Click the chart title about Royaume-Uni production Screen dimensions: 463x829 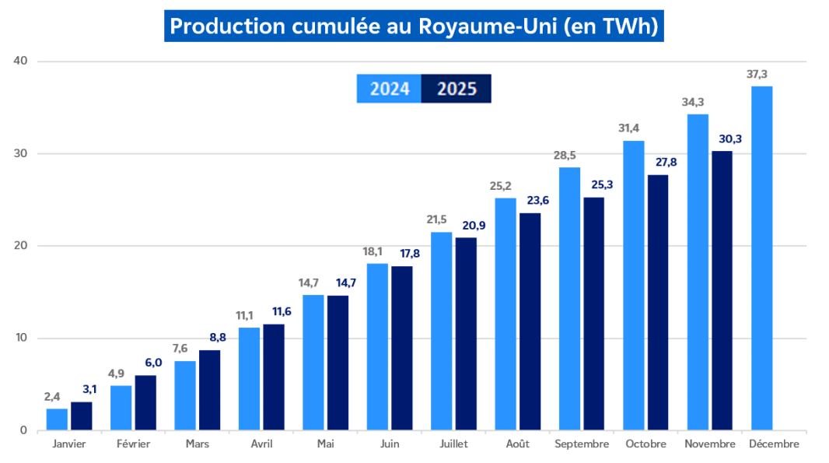tap(414, 26)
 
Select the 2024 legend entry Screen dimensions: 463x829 tap(389, 89)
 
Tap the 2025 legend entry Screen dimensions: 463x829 tap(456, 89)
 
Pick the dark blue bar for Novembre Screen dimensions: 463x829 tap(722, 290)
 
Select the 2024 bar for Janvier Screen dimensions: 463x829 tap(57, 419)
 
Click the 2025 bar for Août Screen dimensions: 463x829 tap(530, 321)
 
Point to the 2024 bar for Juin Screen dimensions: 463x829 tap(377, 346)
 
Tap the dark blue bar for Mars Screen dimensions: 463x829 tap(210, 390)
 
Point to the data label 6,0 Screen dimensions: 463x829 tap(145, 363)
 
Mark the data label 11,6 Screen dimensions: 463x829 tap(274, 312)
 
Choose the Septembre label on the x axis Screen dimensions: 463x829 tap(582, 444)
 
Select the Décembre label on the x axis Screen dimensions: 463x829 tap(773, 444)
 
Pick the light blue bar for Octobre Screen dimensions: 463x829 tap(634, 286)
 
